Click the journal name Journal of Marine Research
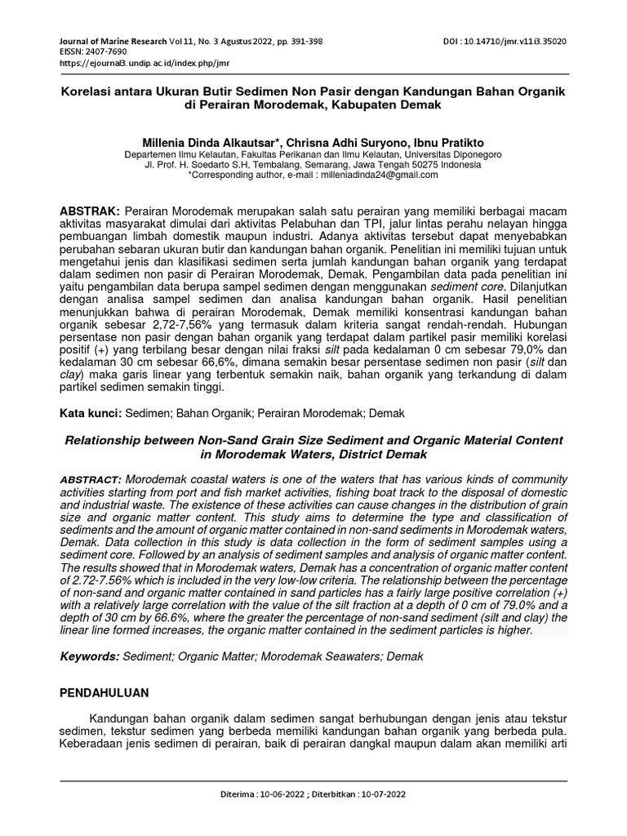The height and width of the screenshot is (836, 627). click(114, 40)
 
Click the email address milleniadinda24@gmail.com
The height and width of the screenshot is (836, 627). click(368, 175)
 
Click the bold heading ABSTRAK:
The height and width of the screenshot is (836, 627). click(91, 211)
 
